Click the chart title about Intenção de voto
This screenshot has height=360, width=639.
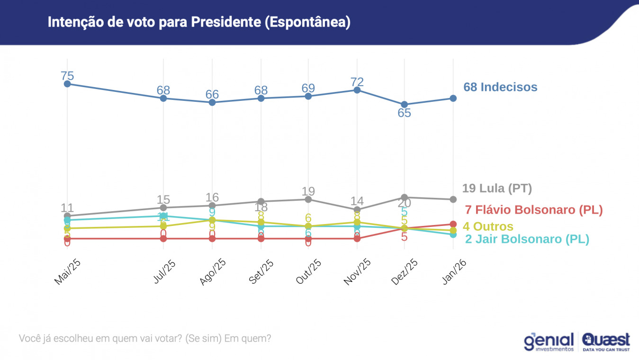pyautogui.click(x=199, y=22)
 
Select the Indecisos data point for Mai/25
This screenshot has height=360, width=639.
pyautogui.click(x=67, y=84)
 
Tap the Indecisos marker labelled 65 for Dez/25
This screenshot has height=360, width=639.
pyautogui.click(x=404, y=104)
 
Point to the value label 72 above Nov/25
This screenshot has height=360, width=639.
pyautogui.click(x=357, y=82)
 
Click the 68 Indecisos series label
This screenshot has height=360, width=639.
pyautogui.click(x=500, y=87)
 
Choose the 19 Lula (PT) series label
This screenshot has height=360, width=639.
pyautogui.click(x=497, y=188)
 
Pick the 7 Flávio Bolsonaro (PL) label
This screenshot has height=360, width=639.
pyautogui.click(x=534, y=210)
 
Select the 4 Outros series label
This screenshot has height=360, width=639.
pyautogui.click(x=488, y=226)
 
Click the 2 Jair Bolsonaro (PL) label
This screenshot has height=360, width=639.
pyautogui.click(x=527, y=239)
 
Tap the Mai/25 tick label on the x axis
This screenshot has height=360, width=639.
pyautogui.click(x=66, y=273)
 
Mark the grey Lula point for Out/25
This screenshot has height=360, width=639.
pyautogui.click(x=308, y=199)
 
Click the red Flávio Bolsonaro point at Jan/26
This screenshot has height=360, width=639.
pyautogui.click(x=453, y=224)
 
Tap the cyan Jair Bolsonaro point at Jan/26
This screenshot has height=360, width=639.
pyautogui.click(x=453, y=234)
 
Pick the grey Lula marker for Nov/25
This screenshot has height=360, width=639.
pyautogui.click(x=357, y=209)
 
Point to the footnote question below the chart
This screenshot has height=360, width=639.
pyautogui.click(x=145, y=339)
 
